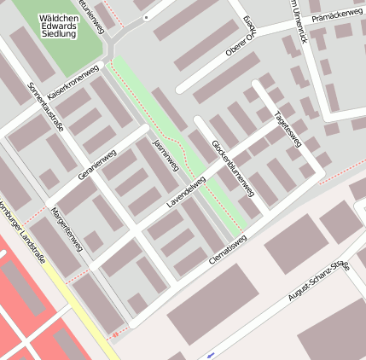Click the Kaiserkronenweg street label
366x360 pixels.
(75, 81)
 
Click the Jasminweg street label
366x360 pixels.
(166, 153)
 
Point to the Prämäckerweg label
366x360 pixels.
(337, 15)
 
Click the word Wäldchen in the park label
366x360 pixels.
(57, 17)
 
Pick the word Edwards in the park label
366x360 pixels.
(57, 26)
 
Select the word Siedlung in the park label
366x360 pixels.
(57, 35)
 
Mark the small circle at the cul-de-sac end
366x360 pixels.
(146, 16)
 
